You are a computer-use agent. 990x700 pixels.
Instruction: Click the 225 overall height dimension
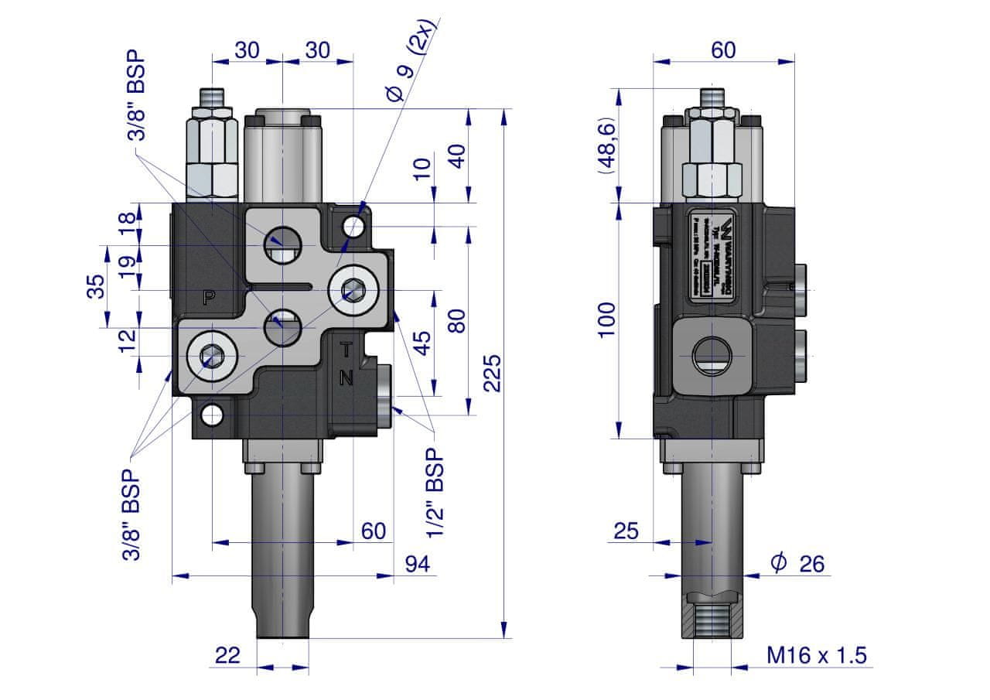coord(493,373)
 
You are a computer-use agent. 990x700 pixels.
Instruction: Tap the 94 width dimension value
coord(418,565)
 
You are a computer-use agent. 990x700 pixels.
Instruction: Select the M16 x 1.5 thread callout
coord(817,656)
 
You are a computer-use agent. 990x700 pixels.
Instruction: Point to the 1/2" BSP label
coord(435,492)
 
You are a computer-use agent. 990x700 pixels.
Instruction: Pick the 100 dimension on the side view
coord(607,319)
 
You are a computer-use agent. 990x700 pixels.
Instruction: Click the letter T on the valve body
coord(346,350)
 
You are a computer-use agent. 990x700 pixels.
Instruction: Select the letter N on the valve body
coord(346,378)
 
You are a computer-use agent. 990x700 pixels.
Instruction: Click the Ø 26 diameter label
coord(797,564)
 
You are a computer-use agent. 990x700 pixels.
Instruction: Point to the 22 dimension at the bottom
coord(227,656)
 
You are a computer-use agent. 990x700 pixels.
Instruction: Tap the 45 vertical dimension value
coord(422,342)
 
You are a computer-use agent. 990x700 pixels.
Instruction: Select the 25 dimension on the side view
coord(626,531)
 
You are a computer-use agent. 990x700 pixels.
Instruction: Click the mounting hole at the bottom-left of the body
coord(211,415)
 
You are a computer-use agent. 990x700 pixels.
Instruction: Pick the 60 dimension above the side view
coord(723,50)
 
